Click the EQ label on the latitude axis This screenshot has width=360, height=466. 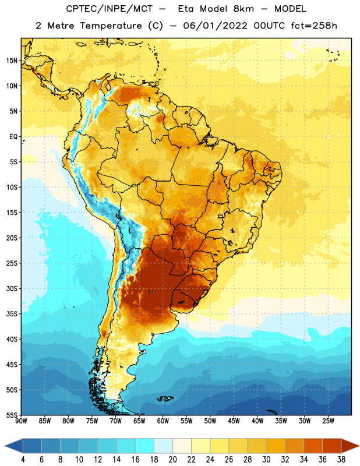pyautogui.click(x=13, y=137)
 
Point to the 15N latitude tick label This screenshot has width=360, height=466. pyautogui.click(x=12, y=61)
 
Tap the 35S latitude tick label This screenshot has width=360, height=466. pyautogui.click(x=12, y=314)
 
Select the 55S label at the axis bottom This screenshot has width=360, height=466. pyautogui.click(x=12, y=415)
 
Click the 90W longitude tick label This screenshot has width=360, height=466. pyautogui.click(x=21, y=421)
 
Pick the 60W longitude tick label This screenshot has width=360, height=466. pyautogui.click(x=163, y=421)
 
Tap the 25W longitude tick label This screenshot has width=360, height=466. pyautogui.click(x=328, y=421)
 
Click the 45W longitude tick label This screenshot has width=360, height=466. pyautogui.click(x=234, y=421)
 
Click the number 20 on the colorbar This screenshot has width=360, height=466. pyautogui.click(x=172, y=460)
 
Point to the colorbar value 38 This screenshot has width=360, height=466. pyautogui.click(x=341, y=460)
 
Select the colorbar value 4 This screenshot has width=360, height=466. pyautogui.click(x=23, y=460)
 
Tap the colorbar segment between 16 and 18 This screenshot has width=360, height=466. pyautogui.click(x=145, y=446)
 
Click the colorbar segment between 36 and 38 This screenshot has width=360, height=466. pyautogui.click(x=332, y=446)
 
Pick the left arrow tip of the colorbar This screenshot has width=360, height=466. pyautogui.click(x=5, y=446)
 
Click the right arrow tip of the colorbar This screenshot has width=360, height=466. pyautogui.click(x=359, y=446)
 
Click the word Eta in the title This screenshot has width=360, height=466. pyautogui.click(x=186, y=9)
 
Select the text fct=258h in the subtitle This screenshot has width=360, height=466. pyautogui.click(x=314, y=26)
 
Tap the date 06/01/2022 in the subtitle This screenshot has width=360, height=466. pyautogui.click(x=215, y=26)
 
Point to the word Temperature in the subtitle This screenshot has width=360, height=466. pyautogui.click(x=111, y=26)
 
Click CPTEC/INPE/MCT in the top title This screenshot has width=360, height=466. pyautogui.click(x=109, y=9)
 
